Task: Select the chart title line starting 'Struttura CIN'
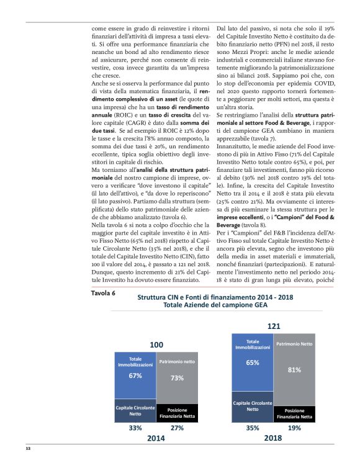[x=205, y=297]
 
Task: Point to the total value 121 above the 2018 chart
[x=273, y=326]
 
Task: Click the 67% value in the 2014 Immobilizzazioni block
[x=135, y=376]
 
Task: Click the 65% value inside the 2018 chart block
[x=253, y=362]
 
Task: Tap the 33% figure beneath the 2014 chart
[x=135, y=428]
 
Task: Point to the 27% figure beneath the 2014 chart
[x=177, y=428]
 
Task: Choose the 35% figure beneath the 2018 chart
[x=253, y=428]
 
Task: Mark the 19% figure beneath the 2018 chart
[x=294, y=428]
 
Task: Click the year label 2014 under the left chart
[x=156, y=438]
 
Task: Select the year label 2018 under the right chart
[x=273, y=438]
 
